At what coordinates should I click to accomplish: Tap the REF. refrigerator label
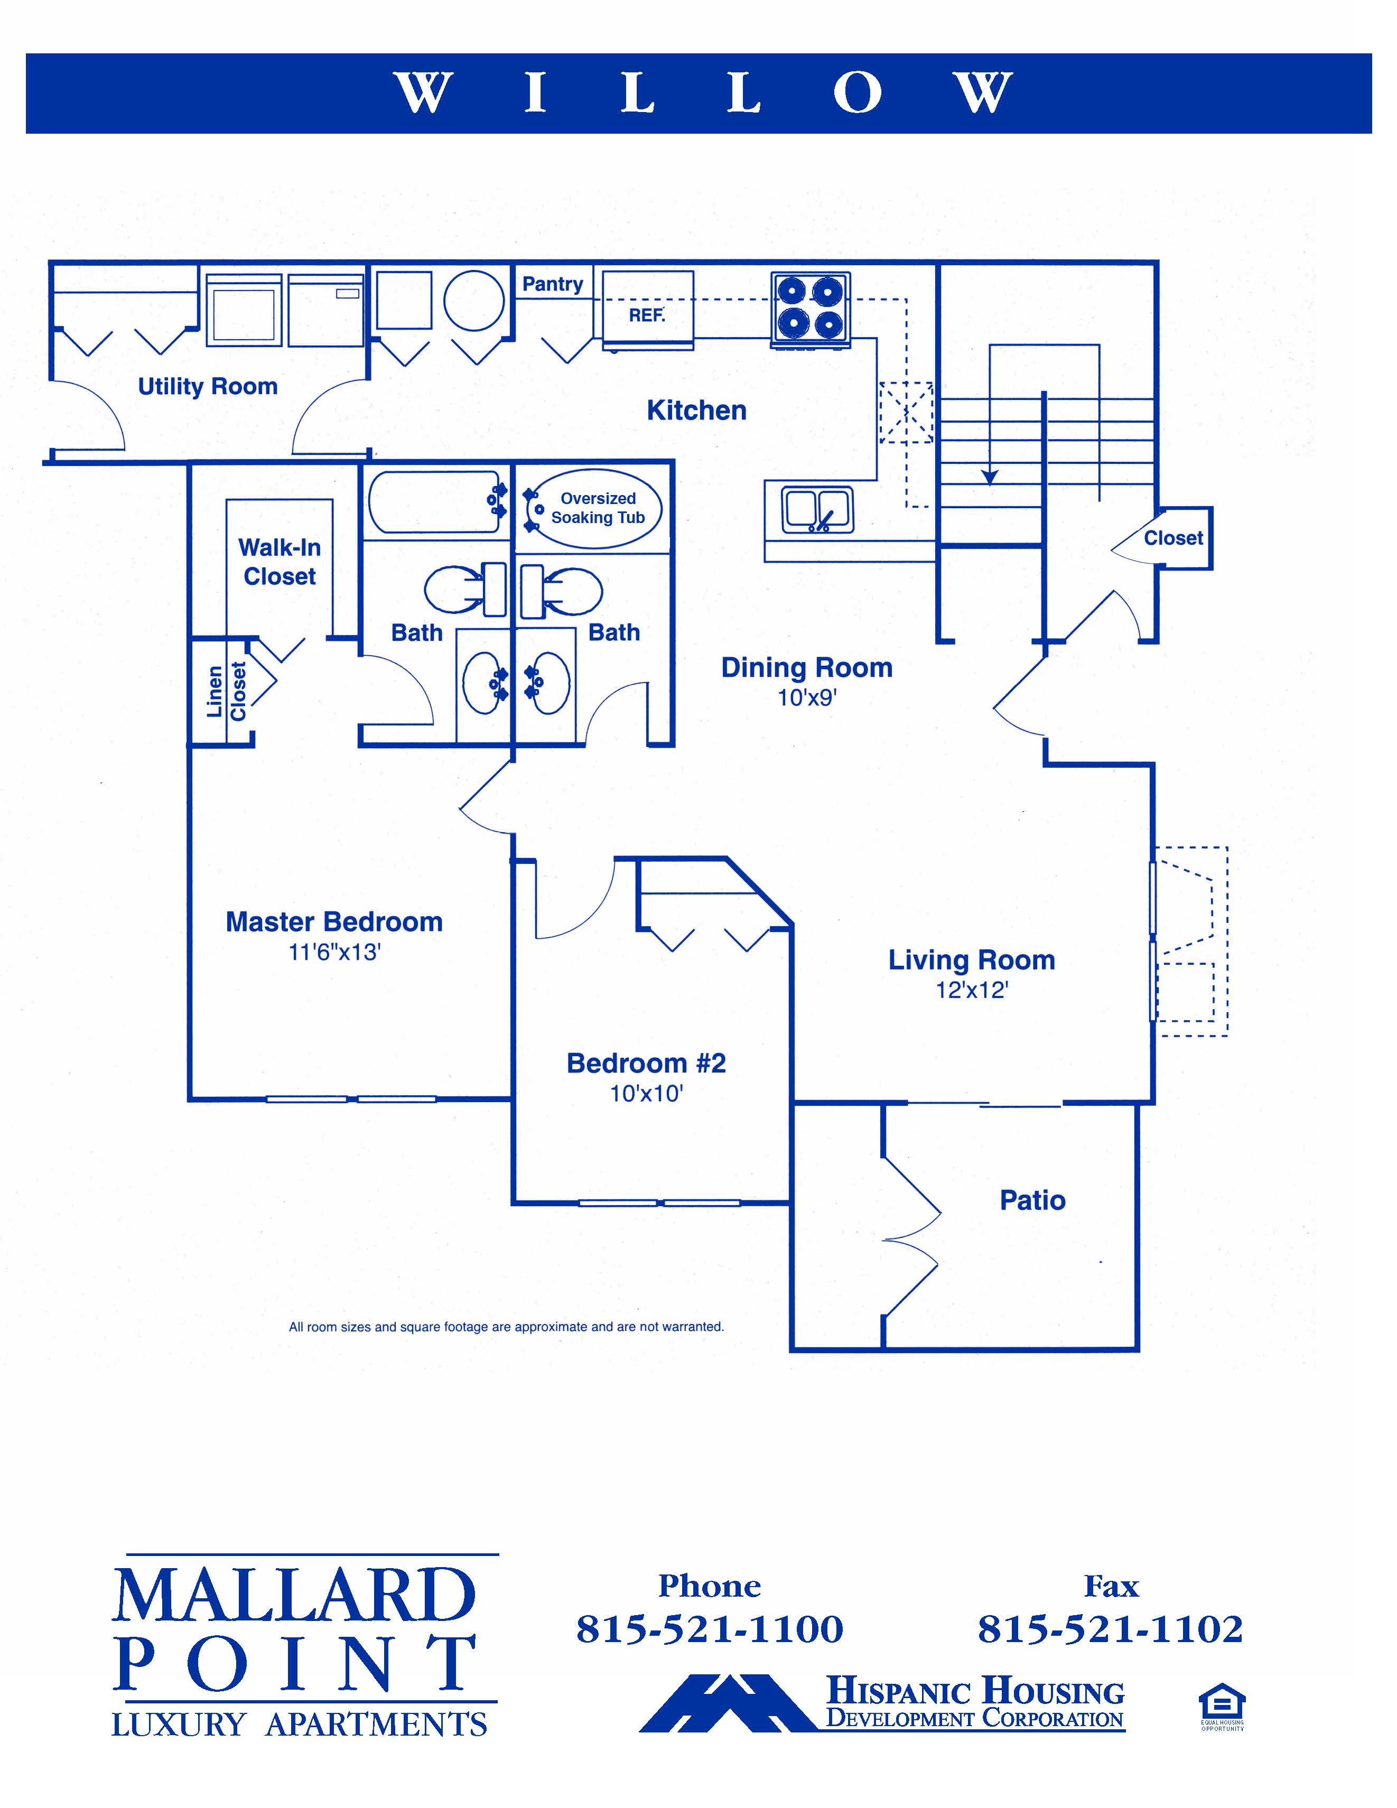point(647,315)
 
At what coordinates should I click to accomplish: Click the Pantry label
point(552,284)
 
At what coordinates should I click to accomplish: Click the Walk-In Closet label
point(280,562)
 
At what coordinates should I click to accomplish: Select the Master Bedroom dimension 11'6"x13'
point(334,953)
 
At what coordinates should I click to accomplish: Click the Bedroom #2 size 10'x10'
point(646,1094)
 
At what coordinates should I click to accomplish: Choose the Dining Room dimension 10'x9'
point(807,698)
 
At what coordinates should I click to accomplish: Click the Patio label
point(1032,1200)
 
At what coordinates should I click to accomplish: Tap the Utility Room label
point(207,387)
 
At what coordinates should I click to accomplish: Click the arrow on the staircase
point(990,476)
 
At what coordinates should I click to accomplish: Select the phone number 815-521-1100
point(710,1629)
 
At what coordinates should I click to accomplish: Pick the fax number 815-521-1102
point(1111,1629)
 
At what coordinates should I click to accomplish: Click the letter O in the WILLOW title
point(856,92)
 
